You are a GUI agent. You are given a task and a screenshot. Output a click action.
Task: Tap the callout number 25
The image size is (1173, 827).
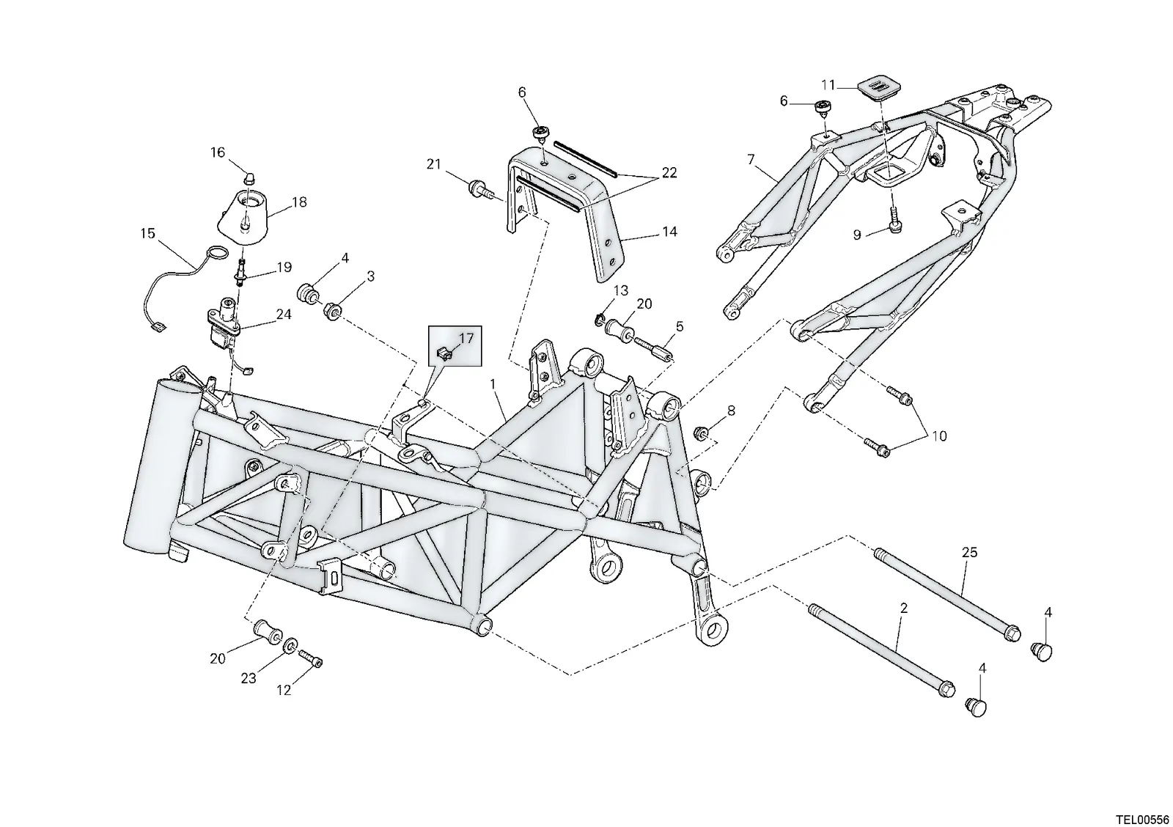(969, 552)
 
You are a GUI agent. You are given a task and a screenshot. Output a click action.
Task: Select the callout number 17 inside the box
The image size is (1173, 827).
(466, 338)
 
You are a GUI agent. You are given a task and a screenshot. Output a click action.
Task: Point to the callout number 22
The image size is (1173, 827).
(669, 172)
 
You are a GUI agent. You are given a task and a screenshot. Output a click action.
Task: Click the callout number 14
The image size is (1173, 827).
(670, 232)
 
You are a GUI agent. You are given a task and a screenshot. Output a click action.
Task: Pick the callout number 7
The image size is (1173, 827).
(751, 158)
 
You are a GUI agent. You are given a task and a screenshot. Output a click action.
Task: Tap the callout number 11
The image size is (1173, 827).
(828, 85)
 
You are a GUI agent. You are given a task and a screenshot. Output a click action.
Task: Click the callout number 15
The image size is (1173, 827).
(147, 233)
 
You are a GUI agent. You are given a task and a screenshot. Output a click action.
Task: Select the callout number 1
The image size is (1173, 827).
(493, 384)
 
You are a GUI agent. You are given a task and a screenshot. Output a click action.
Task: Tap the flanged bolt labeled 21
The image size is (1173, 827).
(482, 189)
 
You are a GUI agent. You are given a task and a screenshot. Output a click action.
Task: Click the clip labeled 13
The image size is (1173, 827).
(600, 318)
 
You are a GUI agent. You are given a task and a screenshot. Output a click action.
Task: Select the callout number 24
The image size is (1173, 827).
(284, 315)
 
